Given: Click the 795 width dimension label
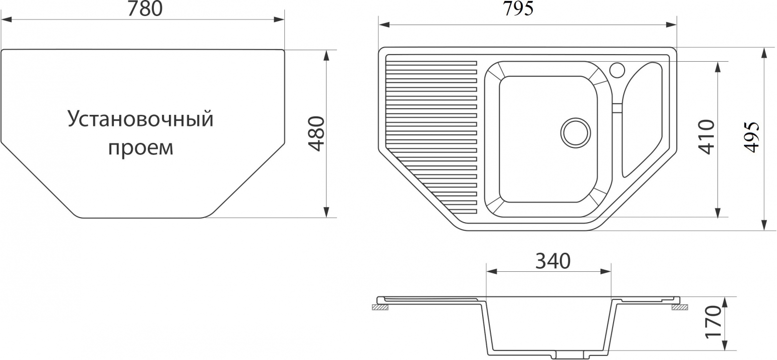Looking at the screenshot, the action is tap(518, 9).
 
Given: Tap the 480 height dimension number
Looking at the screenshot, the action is tap(316, 134).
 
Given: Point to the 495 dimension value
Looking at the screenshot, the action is tap(751, 137).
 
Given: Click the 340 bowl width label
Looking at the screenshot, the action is tap(553, 261).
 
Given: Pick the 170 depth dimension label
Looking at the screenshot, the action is tap(713, 321).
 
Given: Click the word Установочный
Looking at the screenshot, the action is tap(140, 119).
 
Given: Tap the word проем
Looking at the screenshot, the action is tap(140, 148).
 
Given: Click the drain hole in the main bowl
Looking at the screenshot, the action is tap(575, 132).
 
